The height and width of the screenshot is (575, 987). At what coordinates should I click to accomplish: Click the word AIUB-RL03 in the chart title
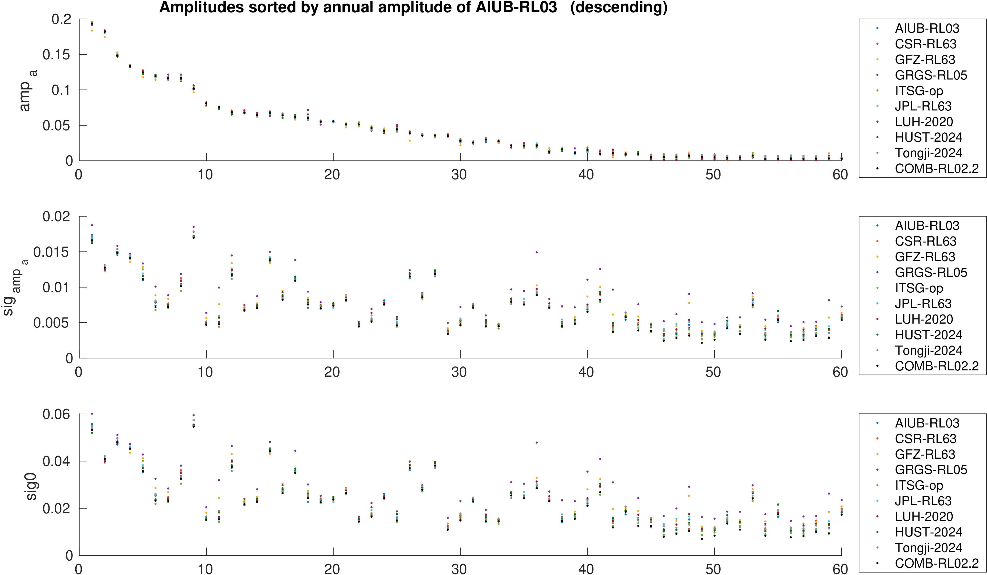[516, 7]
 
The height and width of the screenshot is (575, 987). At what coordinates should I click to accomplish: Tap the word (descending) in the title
[619, 7]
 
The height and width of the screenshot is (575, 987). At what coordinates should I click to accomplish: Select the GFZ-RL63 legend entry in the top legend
[925, 59]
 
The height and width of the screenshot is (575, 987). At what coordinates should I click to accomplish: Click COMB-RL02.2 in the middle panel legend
[937, 366]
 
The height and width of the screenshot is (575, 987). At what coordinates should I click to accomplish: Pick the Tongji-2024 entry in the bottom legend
[928, 548]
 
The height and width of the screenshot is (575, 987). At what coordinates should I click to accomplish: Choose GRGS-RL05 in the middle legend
[931, 272]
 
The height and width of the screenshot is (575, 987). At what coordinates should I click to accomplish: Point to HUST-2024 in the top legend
[928, 137]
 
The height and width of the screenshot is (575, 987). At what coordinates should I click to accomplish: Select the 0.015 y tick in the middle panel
[51, 252]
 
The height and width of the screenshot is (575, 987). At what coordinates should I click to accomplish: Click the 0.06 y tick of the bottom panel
[56, 414]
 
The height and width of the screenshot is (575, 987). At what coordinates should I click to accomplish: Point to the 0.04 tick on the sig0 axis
[56, 461]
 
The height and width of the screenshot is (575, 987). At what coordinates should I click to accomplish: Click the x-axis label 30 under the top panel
[459, 175]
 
